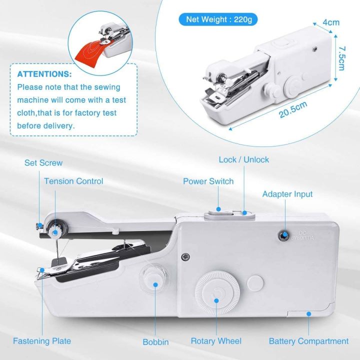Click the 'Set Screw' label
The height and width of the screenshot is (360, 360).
coord(43,163)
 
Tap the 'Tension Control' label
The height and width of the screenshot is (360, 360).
coord(73,181)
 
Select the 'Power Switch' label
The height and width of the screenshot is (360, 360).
coord(208,181)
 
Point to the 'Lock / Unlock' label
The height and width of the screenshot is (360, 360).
coord(243,159)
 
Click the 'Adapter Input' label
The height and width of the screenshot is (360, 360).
coord(287,194)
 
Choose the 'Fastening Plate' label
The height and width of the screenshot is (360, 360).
coord(42,341)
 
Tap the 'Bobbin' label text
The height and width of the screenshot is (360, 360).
coord(155,342)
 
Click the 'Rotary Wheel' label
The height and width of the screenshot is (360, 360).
coord(216,341)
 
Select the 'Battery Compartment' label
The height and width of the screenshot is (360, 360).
coord(308,341)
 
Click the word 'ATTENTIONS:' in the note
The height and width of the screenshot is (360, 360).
coord(44,74)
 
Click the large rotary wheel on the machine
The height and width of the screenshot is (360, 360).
coord(216,294)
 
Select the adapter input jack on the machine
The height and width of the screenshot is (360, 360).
coord(283,234)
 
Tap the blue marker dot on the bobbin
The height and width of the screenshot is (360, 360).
coord(155,284)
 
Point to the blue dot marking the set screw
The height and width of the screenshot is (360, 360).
coord(38,225)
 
